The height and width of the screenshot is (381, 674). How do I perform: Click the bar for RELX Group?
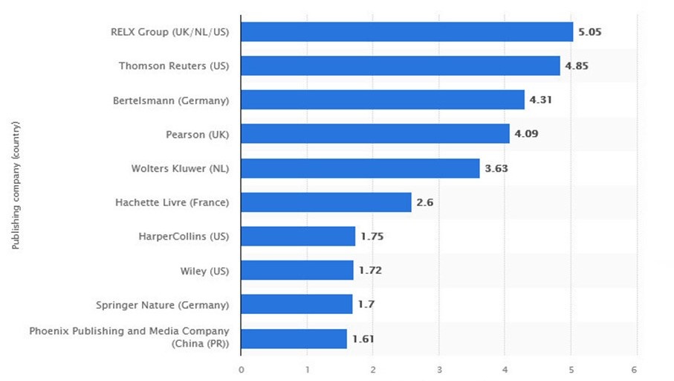[x=407, y=32]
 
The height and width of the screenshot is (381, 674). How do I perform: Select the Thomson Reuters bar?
[x=401, y=65]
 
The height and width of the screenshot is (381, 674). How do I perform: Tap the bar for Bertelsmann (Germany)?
[x=383, y=100]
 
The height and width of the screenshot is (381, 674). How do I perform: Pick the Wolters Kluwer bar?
[x=360, y=168]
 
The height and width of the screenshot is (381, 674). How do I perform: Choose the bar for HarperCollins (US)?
[x=298, y=237]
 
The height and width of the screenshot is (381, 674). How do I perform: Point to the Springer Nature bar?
[x=297, y=304]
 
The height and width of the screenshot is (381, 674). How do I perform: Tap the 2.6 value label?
[x=424, y=202]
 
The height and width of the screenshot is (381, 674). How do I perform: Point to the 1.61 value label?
[x=362, y=339]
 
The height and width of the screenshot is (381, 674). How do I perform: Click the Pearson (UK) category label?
[x=198, y=135]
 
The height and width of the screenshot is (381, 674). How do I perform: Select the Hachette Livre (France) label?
[x=172, y=202]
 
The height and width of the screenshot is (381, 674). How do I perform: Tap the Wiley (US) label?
[x=205, y=271]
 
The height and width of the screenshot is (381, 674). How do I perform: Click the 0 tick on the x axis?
[x=242, y=369]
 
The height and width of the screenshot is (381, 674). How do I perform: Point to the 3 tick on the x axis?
[x=439, y=369]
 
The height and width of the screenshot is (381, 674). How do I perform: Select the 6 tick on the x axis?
[x=635, y=369]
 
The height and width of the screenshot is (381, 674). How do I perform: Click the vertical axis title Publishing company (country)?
[x=16, y=185]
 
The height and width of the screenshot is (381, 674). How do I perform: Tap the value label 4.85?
[x=577, y=66]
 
